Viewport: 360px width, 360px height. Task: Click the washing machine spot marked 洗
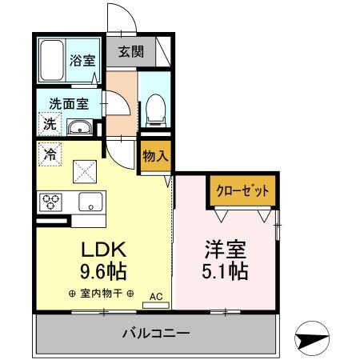48,125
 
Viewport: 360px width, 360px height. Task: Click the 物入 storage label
155,157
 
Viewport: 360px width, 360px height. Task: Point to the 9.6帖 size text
103,271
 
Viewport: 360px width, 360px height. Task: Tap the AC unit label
154,296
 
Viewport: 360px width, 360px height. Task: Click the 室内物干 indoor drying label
102,294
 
